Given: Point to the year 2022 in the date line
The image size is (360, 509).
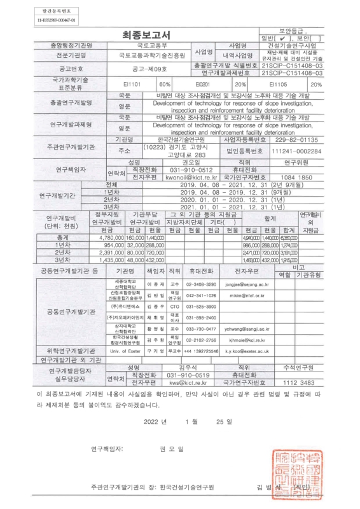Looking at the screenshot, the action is coord(152,421).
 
